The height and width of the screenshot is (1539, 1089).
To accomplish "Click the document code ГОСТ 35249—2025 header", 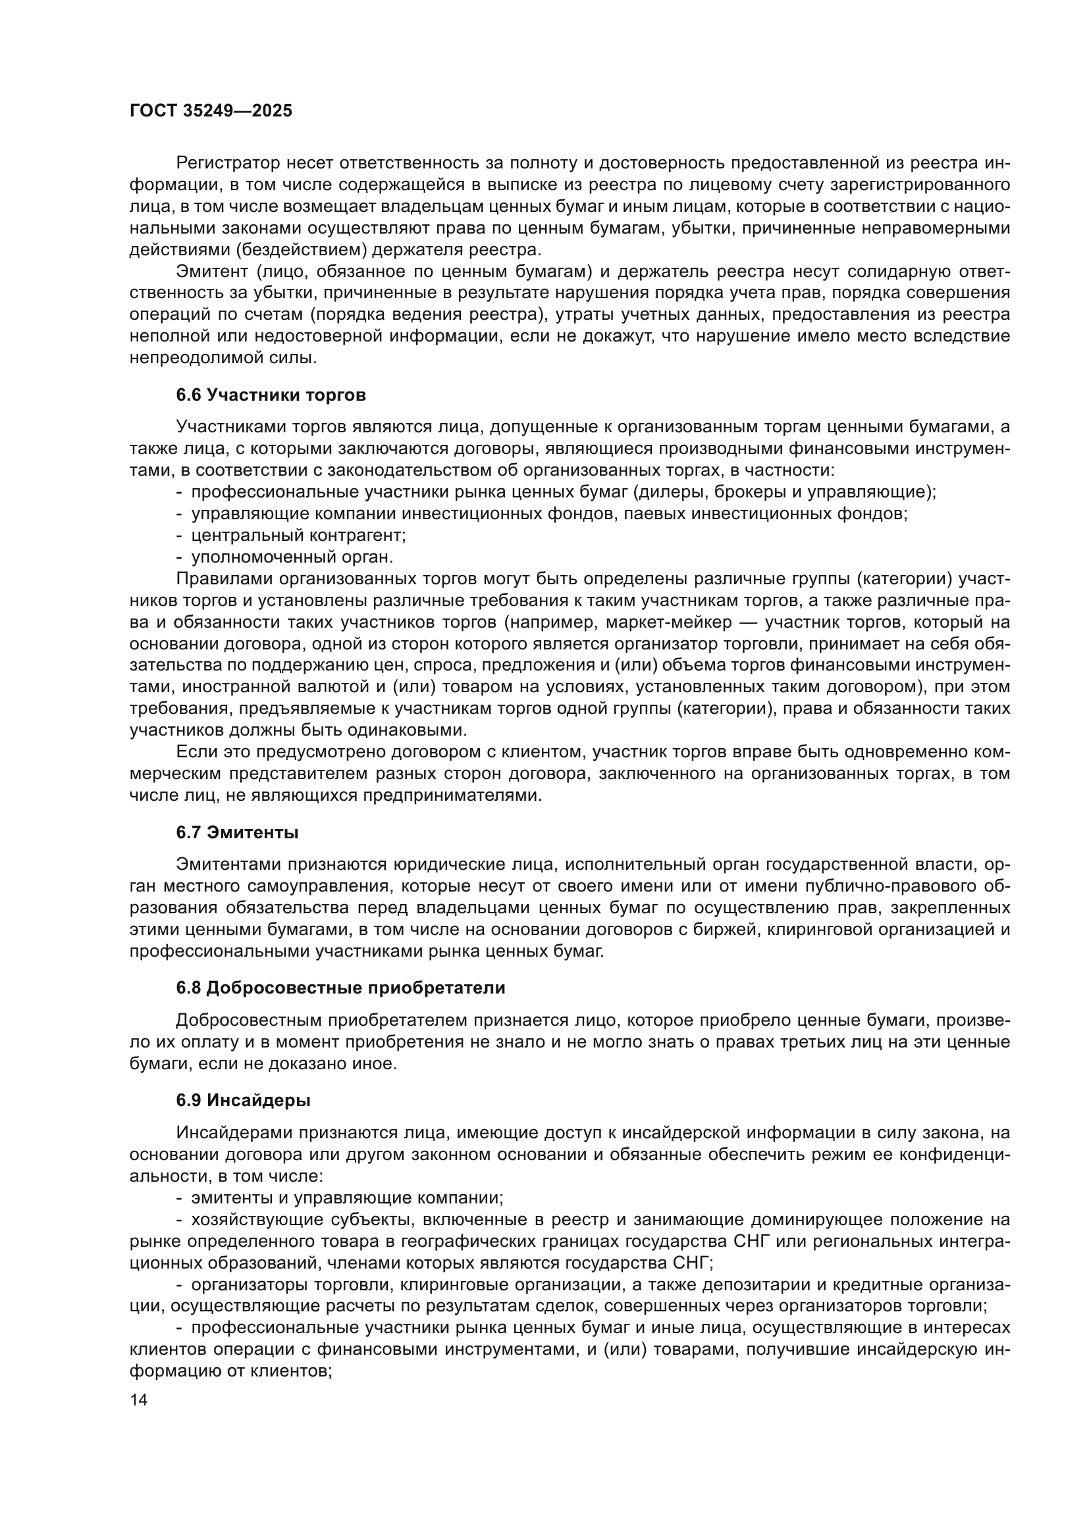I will coord(211,111).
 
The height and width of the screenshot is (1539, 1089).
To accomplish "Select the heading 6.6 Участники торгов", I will coord(271,395).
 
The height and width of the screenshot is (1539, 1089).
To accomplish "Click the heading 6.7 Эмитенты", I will coord(238,832).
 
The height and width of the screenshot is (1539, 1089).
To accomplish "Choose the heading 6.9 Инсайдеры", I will coord(244,1100).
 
